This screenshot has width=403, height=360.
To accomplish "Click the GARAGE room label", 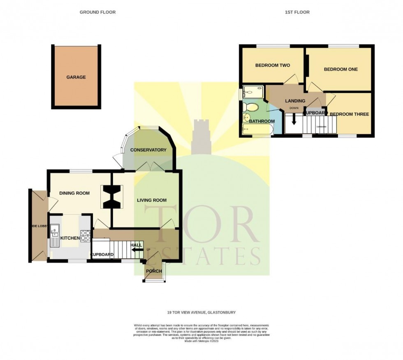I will click(76, 77).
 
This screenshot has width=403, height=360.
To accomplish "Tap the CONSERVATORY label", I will click(148, 150).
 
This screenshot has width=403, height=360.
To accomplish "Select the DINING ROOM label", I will click(74, 193).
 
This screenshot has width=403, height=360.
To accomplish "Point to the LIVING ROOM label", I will click(152, 200).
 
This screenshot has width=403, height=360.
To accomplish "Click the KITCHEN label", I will click(69, 238).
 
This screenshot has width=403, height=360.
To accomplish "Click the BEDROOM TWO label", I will click(273, 65).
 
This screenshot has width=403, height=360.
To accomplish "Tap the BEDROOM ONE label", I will click(340, 69).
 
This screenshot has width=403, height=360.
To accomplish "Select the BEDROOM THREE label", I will click(349, 114).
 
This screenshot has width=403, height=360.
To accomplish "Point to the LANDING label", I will click(295, 101).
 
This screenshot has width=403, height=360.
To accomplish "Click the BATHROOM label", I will click(262, 121).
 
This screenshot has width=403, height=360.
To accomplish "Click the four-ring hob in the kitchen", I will click(86, 235).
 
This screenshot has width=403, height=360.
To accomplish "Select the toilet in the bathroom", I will click(250, 107).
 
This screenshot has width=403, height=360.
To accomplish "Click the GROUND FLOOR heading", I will click(97, 12).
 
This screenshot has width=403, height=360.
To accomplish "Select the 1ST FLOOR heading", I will click(297, 12).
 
